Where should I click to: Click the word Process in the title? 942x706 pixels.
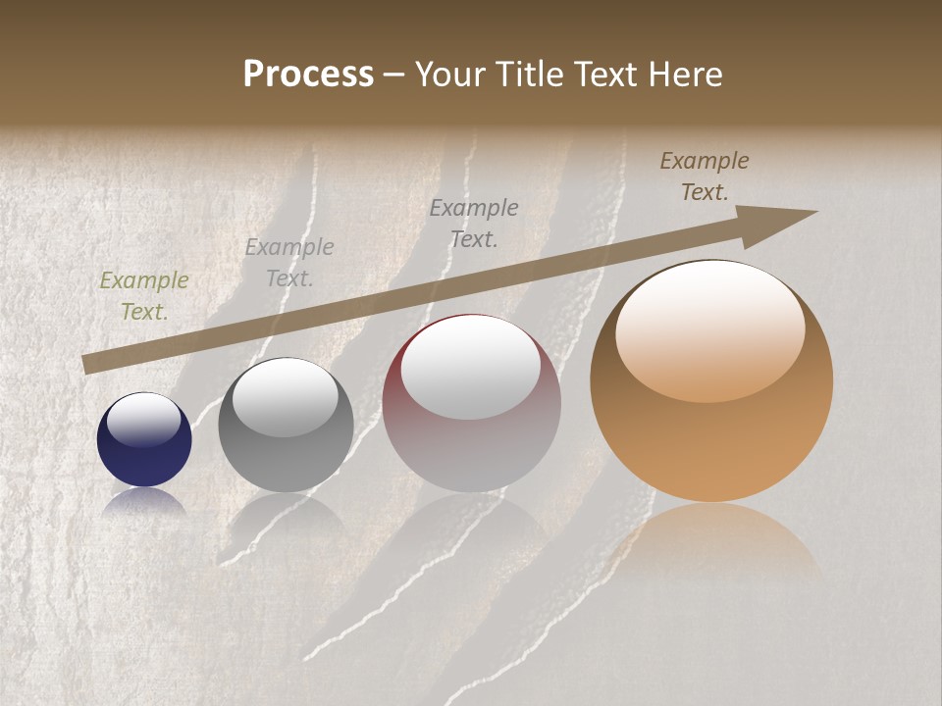tap(308, 75)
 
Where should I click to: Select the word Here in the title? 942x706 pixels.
tap(686, 75)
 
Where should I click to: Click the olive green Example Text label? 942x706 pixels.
tap(144, 296)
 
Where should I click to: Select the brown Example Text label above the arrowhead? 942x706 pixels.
tap(705, 176)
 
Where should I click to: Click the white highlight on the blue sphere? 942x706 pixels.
tap(144, 420)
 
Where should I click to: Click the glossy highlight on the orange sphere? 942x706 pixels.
tap(709, 329)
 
